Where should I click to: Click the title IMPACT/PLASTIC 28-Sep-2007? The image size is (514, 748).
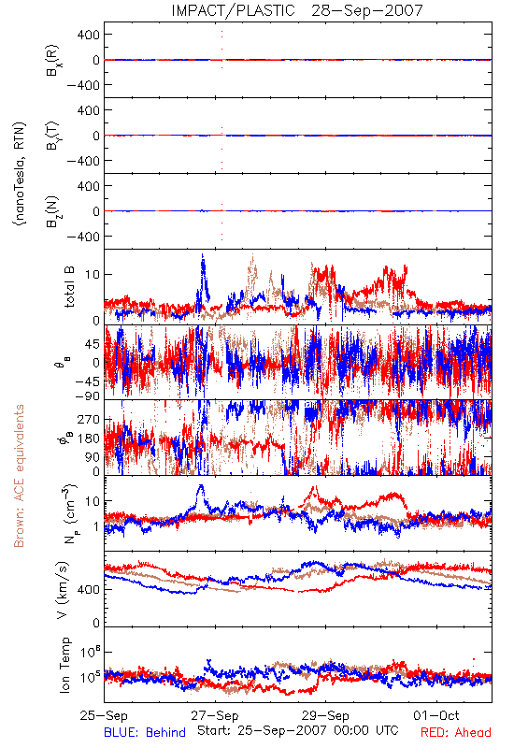(297, 10)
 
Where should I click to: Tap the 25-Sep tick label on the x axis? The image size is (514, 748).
(104, 715)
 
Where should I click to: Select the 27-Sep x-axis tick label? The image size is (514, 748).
(215, 715)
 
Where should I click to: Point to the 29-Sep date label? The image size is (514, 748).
(325, 715)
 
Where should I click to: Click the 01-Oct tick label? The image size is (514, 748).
(436, 715)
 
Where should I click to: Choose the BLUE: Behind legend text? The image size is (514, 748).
(145, 732)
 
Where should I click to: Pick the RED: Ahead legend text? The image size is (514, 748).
(456, 732)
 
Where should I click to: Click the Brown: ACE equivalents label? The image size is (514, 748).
(19, 476)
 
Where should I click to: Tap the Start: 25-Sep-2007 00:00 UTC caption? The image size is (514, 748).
(298, 730)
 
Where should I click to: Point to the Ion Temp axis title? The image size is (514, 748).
(64, 665)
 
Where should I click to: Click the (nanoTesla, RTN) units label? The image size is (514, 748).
(20, 174)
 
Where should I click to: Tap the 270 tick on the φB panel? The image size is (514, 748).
(89, 419)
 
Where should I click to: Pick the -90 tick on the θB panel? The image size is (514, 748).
(87, 396)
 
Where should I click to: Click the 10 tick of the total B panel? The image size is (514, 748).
(93, 274)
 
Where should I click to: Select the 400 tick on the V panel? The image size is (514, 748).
(89, 589)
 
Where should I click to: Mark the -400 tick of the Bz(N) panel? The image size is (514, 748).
(83, 237)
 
